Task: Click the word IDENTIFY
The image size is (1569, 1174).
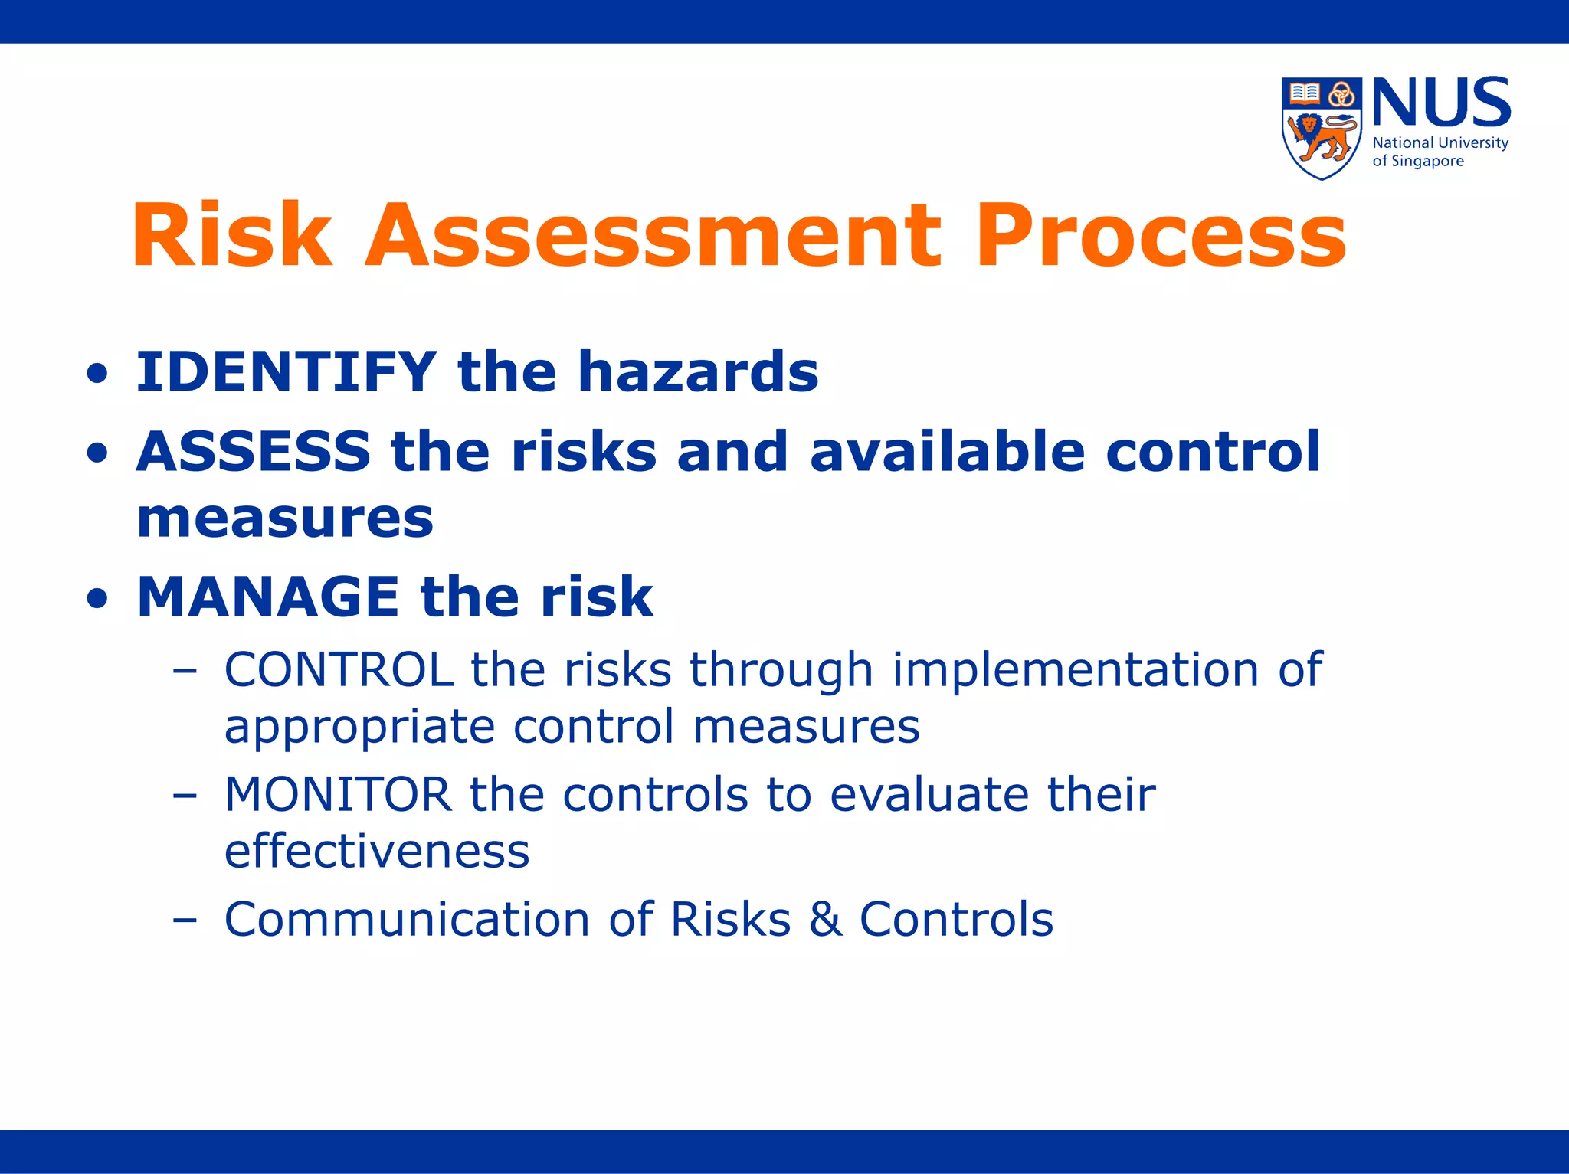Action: click(287, 372)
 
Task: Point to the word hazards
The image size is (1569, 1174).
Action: click(698, 372)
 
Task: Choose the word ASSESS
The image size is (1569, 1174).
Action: click(254, 451)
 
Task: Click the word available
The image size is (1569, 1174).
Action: click(948, 451)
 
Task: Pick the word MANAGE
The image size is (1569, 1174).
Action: click(268, 597)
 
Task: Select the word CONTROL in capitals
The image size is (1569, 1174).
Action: click(339, 670)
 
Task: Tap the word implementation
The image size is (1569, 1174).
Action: click(1076, 670)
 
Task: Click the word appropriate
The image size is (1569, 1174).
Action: click(359, 728)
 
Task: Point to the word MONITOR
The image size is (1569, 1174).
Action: click(338, 795)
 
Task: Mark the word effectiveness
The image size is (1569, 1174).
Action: click(377, 852)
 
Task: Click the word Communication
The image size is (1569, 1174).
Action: click(407, 919)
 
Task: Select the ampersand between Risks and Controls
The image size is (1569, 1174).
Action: click(825, 919)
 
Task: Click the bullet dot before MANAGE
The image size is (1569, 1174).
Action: click(97, 598)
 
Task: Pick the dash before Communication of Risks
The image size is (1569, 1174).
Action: click(185, 919)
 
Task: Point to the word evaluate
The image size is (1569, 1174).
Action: click(929, 795)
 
